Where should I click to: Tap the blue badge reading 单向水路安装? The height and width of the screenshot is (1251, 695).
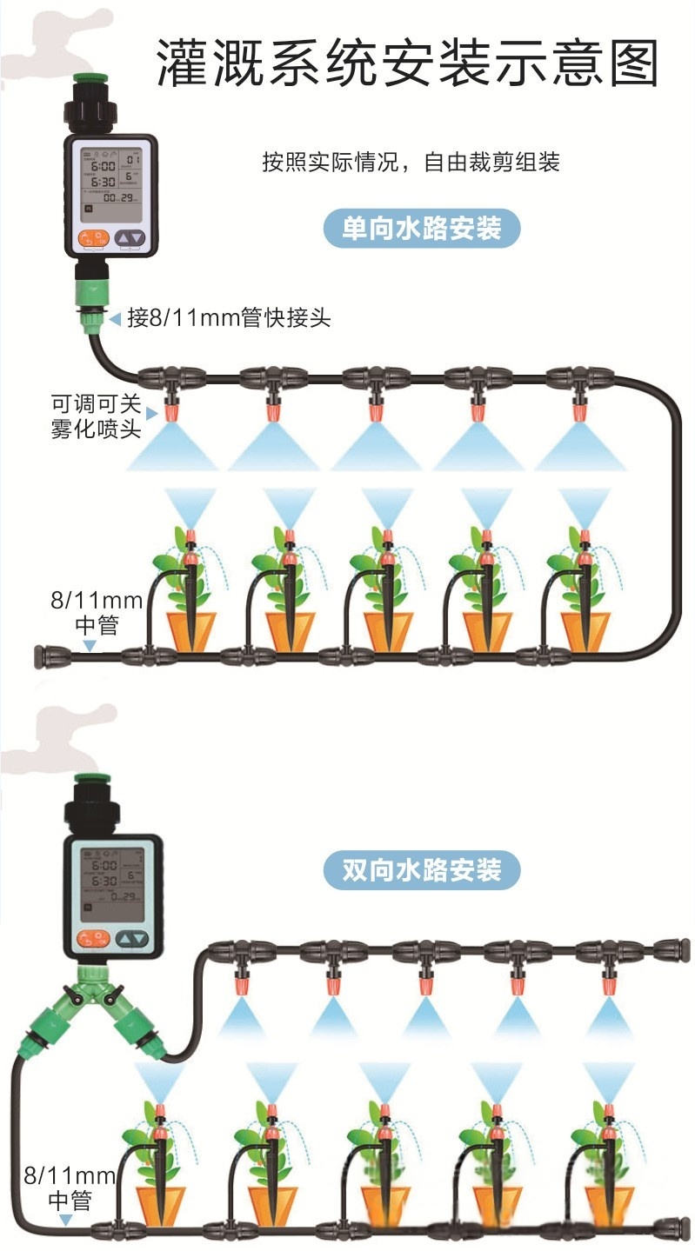click(422, 230)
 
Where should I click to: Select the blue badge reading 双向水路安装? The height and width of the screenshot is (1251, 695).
click(422, 870)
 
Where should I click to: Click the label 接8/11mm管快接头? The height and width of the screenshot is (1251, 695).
click(229, 318)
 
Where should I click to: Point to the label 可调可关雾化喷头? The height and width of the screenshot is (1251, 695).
click(96, 416)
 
